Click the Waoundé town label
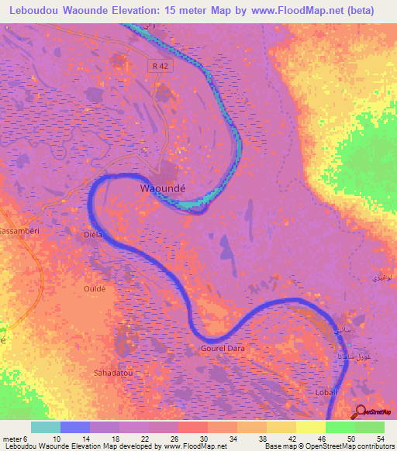click(x=163, y=188)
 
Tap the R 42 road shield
click(x=160, y=67)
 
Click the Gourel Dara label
click(x=223, y=349)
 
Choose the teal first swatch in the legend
click(x=46, y=428)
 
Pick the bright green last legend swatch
click(x=370, y=428)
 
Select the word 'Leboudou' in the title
click(x=36, y=11)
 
